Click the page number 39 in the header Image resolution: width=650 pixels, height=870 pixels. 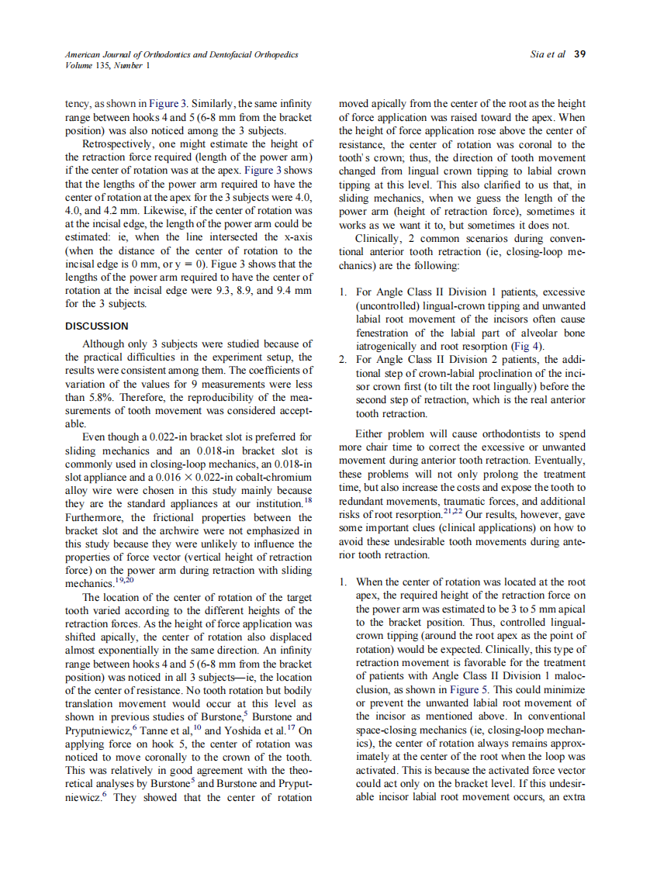click(579, 55)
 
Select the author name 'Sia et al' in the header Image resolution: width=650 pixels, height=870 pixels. click(548, 55)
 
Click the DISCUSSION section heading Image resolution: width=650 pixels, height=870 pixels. click(97, 326)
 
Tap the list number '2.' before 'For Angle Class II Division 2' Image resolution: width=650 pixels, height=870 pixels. click(344, 360)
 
